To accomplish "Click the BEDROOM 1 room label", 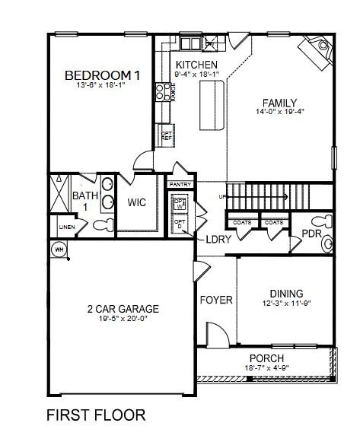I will [x=102, y=75].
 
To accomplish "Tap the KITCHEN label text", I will [x=196, y=65].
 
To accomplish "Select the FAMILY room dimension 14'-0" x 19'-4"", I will [x=279, y=113].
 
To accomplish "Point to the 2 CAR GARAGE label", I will [x=122, y=309].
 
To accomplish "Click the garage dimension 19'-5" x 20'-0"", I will [x=122, y=320].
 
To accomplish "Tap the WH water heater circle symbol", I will [x=58, y=250].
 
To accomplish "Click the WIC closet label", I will [x=137, y=203].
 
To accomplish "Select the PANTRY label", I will [x=180, y=184].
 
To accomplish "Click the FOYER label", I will [x=216, y=300].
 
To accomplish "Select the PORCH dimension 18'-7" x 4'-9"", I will [x=266, y=368].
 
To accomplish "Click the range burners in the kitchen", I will [x=162, y=92].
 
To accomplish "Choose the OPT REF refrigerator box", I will [x=166, y=136].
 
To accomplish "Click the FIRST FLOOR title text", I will [x=96, y=415].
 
